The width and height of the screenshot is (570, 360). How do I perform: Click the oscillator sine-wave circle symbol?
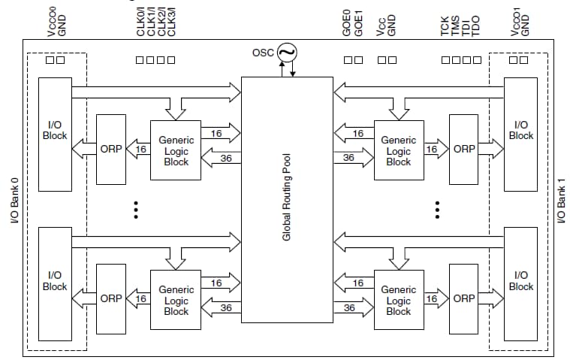pos(287,53)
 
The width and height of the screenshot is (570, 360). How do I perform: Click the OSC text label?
pos(263,53)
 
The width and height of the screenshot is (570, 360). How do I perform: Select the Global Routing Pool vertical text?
pos(286,199)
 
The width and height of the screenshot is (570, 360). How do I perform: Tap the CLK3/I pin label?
pos(171,20)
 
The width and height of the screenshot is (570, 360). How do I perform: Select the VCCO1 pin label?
pos(514,20)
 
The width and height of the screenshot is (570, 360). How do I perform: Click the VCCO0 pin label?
pos(50,20)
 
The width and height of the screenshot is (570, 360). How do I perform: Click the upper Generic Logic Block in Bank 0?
pos(176,150)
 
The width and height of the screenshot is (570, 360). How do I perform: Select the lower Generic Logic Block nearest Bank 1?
pos(398,300)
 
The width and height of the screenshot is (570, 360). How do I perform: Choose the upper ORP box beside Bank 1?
pos(463,149)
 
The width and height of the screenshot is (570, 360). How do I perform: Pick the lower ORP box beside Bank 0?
pos(111,298)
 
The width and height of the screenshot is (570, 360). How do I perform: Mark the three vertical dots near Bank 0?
pos(136,209)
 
